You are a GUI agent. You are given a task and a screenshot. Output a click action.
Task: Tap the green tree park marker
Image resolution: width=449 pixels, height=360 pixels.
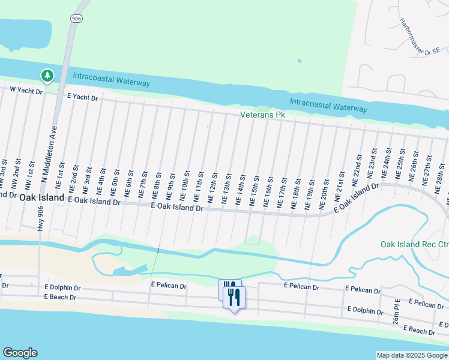tap(47, 76)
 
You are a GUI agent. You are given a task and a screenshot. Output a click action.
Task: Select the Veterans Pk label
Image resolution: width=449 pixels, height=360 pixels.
tap(262, 114)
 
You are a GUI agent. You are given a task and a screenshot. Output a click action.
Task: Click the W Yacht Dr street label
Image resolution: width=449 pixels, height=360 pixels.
tap(26, 91)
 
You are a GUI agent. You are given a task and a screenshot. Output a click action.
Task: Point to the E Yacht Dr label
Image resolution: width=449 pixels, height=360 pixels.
tap(82, 95)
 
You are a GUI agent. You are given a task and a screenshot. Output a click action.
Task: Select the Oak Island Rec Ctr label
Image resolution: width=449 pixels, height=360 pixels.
tap(414, 244)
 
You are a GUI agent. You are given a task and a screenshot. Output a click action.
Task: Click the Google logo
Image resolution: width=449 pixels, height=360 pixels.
tap(20, 353)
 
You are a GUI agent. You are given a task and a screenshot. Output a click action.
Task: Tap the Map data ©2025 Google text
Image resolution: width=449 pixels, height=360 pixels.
tap(412, 355)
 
